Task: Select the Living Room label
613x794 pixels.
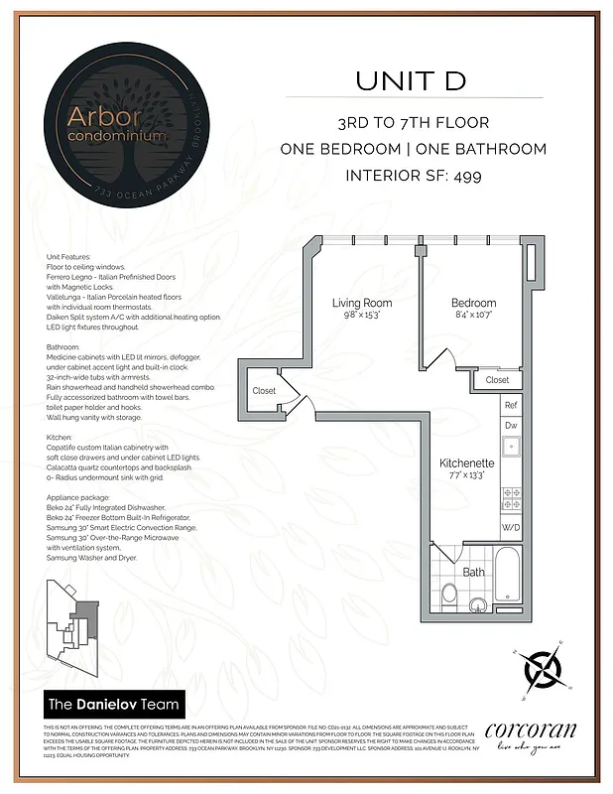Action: click(361, 303)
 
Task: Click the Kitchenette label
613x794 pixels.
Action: click(467, 463)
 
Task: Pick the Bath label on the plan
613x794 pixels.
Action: click(473, 572)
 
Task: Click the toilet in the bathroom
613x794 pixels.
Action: click(448, 595)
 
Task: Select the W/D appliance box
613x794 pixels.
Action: click(511, 527)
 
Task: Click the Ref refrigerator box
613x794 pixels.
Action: click(511, 405)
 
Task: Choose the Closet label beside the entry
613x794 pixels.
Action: click(264, 391)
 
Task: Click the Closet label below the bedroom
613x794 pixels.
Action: click(497, 379)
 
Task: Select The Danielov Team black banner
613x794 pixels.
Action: click(115, 706)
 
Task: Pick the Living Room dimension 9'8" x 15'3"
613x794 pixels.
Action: click(361, 316)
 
